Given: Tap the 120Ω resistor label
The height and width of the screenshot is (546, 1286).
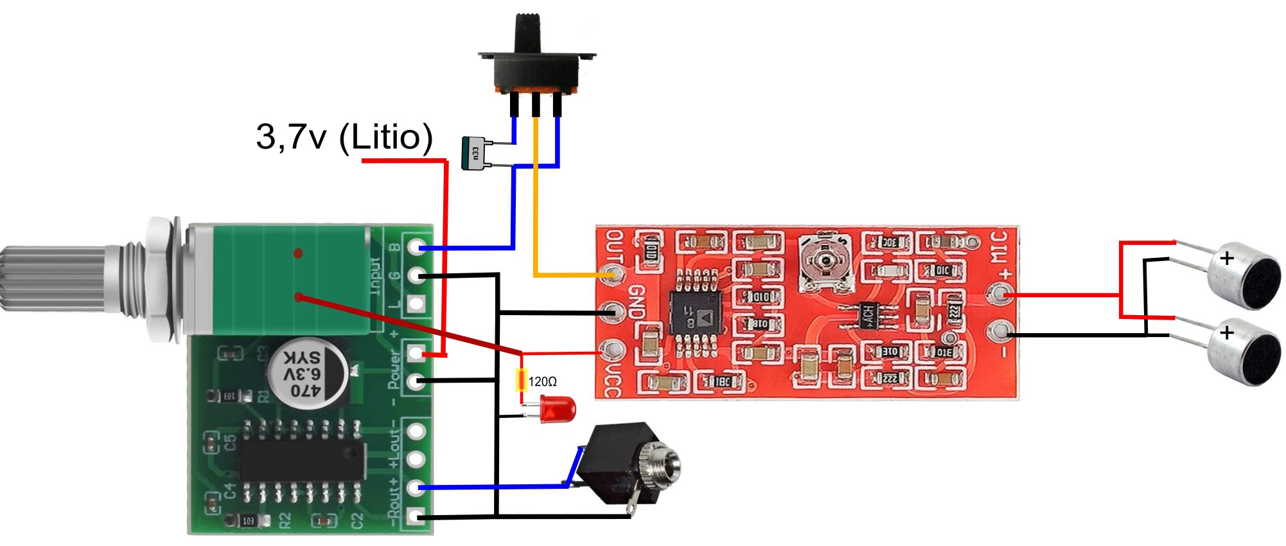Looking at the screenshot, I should pos(543,382).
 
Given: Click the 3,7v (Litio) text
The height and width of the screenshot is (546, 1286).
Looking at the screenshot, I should pos(344,136).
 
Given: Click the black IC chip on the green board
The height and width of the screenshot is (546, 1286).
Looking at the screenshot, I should pos(302,459).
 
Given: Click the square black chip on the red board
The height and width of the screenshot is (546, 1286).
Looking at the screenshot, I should pos(695,313).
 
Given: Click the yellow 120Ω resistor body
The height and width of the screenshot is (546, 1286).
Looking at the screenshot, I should pos(522,381).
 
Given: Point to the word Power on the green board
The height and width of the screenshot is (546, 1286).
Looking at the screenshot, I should pos(395,369).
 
